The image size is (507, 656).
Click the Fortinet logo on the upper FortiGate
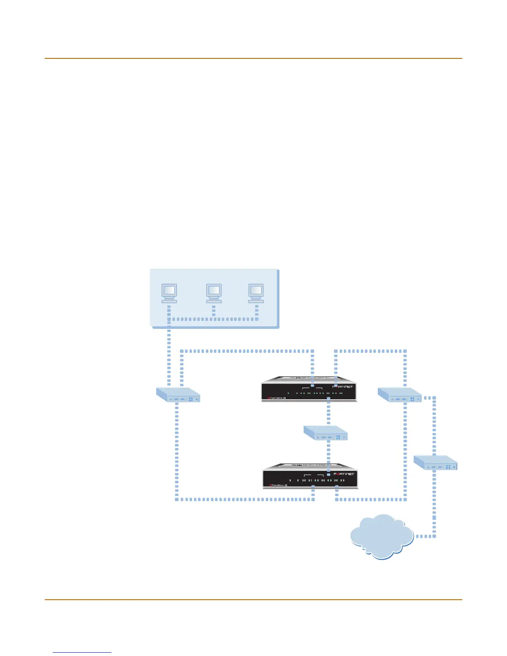coord(343,386)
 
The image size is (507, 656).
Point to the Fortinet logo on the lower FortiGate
coord(344,473)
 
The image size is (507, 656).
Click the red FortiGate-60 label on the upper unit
coord(277,398)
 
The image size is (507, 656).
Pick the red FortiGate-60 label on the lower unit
coord(278,485)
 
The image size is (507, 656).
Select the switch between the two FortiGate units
coord(326,433)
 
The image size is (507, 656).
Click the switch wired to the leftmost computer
coord(178,395)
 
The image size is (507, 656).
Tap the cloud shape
coord(381,536)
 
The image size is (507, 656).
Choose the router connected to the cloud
coord(436,462)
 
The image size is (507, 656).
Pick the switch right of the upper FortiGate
coord(400,395)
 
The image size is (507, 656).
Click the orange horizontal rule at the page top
coord(253,58)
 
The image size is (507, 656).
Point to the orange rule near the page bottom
coord(253,599)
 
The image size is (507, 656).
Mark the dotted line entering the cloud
coord(425,536)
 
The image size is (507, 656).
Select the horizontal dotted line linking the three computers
coord(213,319)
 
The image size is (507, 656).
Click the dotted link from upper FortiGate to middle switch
coord(328,412)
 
